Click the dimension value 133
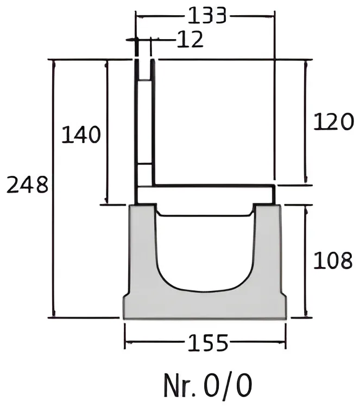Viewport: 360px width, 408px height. tap(207, 16)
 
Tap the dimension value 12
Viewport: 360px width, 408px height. tap(190, 39)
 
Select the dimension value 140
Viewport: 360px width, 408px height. tap(81, 135)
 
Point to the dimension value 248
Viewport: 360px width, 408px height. tap(27, 184)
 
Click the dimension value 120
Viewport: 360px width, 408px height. tap(334, 121)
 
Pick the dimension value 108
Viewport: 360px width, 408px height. tap(333, 260)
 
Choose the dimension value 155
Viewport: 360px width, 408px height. tap(207, 342)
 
